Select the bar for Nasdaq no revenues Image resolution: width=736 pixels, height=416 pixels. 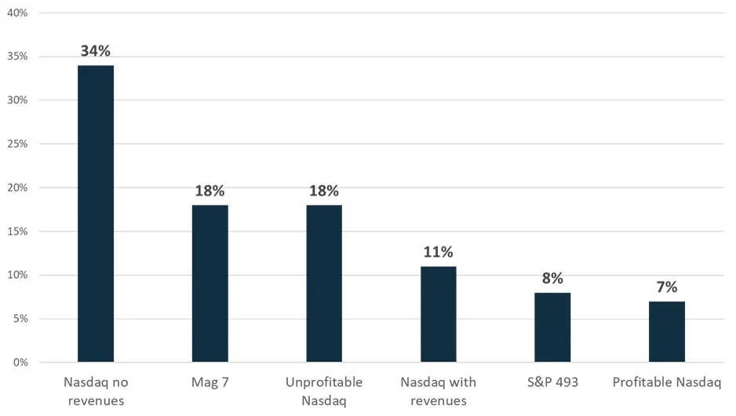[x=95, y=213]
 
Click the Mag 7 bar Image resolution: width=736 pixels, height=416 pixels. [x=210, y=283]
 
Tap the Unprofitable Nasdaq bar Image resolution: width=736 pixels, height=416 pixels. [x=324, y=283]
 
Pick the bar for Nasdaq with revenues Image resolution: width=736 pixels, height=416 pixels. [x=438, y=314]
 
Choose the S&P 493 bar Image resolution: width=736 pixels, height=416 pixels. [x=552, y=327]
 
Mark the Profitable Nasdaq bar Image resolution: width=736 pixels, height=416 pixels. [x=667, y=331]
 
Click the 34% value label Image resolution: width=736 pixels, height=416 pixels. [x=95, y=52]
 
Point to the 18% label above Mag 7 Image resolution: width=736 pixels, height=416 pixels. [x=210, y=192]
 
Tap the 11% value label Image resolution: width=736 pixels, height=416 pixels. [x=438, y=253]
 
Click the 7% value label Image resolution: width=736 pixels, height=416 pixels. [x=667, y=288]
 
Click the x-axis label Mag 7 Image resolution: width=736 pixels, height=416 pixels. [x=210, y=383]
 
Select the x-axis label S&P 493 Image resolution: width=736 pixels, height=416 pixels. [x=552, y=383]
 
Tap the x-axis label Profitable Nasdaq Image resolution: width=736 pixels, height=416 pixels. [x=667, y=383]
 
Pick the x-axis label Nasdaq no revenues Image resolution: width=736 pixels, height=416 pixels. [x=95, y=392]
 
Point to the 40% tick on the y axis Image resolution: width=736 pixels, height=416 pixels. [x=16, y=13]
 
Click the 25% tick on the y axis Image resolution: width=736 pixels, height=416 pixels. [x=16, y=144]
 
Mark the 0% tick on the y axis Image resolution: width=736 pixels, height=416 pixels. [x=19, y=363]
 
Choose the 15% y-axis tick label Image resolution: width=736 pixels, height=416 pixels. [x=16, y=232]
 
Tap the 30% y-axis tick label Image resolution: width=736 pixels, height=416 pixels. [x=16, y=100]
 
